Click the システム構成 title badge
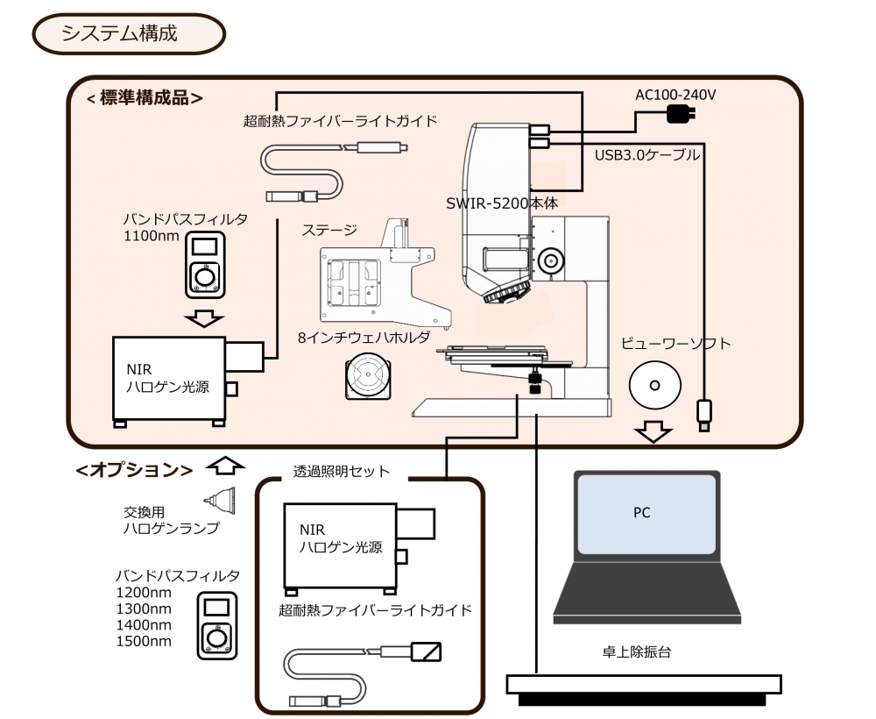click(x=130, y=34)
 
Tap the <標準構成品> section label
click(x=145, y=98)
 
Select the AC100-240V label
click(x=675, y=94)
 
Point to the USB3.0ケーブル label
click(x=647, y=155)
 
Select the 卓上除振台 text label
click(x=636, y=651)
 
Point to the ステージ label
click(x=329, y=231)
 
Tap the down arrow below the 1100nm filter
click(x=207, y=318)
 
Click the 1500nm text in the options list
click(x=144, y=641)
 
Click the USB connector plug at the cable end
click(x=703, y=413)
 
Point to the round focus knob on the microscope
click(x=551, y=260)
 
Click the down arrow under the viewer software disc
click(x=653, y=431)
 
